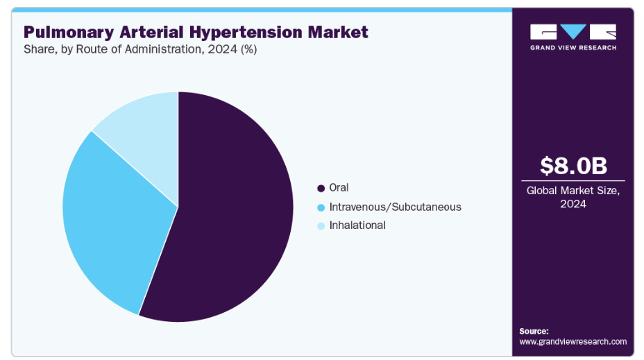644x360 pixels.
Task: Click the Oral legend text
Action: pos(339,187)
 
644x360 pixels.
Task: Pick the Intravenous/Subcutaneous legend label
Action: pos(395,207)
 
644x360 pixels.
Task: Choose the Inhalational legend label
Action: pos(357,225)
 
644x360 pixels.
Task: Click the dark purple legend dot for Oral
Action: pos(321,189)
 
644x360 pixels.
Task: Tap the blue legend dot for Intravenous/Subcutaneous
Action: pos(321,207)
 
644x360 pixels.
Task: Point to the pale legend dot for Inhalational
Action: pos(321,226)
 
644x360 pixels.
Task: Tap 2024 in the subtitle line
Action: pos(222,50)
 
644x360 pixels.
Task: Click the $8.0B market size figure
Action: pos(573,165)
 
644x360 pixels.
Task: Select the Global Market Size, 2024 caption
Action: pos(573,197)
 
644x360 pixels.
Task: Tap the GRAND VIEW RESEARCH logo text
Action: pos(573,48)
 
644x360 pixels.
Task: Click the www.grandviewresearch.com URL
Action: pos(573,341)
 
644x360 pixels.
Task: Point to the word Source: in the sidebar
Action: pos(534,332)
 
